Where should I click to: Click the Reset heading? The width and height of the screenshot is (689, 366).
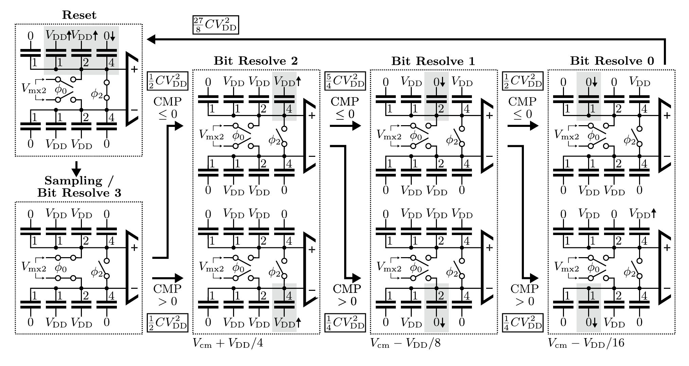click(x=79, y=15)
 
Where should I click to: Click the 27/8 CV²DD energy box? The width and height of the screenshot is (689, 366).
click(x=215, y=25)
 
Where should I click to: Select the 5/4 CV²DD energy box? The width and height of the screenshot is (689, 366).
click(x=345, y=81)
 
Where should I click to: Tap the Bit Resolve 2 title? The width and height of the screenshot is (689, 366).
click(x=255, y=61)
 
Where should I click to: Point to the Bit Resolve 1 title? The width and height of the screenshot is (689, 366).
click(x=433, y=61)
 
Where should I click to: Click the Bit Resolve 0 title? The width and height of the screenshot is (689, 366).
click(x=612, y=61)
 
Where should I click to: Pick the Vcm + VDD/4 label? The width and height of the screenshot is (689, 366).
click(x=228, y=343)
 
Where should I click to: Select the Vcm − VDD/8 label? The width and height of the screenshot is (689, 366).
click(x=405, y=343)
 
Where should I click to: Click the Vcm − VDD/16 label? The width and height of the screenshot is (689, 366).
click(x=586, y=343)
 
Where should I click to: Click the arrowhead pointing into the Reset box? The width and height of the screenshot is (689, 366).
click(x=151, y=39)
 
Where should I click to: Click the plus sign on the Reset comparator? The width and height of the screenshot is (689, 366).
click(x=134, y=69)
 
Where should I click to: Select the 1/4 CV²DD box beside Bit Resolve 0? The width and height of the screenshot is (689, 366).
click(x=522, y=322)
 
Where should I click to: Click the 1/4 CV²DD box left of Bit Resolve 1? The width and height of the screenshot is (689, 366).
click(x=345, y=322)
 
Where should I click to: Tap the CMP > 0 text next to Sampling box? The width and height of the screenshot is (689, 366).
click(x=167, y=295)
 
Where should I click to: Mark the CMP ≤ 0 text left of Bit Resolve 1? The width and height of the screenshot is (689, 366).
click(x=345, y=107)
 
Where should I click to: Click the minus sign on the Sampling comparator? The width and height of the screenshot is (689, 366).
click(x=134, y=288)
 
